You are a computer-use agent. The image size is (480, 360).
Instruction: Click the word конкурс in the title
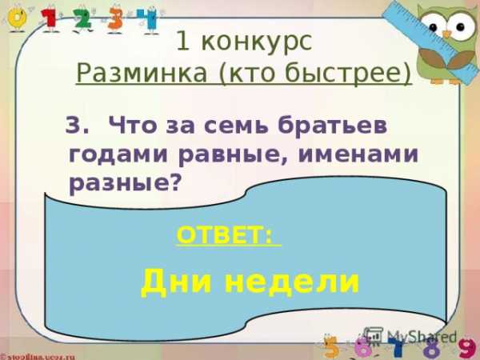(x=257, y=42)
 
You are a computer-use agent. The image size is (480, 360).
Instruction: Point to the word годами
(x=118, y=154)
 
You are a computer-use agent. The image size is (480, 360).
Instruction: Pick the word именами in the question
(x=358, y=154)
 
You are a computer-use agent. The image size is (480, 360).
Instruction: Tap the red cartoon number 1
(x=51, y=19)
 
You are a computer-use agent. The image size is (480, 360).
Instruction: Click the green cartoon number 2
(x=83, y=19)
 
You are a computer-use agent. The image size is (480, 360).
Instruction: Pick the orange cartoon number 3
(x=116, y=19)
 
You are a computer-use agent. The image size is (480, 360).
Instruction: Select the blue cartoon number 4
(x=147, y=19)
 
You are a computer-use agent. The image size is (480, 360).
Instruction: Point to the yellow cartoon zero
(x=17, y=19)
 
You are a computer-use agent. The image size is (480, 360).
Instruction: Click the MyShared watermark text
(x=422, y=337)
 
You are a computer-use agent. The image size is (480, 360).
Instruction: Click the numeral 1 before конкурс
(x=183, y=42)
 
